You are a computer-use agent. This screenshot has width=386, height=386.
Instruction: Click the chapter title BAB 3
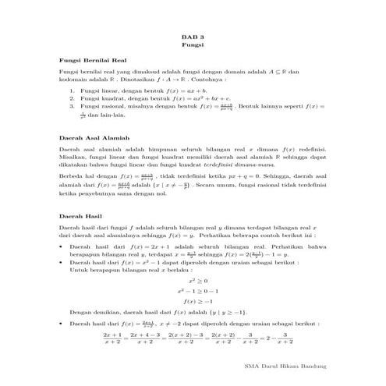coord(193,37)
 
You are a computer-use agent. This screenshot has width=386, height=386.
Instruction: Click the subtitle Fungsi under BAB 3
coord(193,46)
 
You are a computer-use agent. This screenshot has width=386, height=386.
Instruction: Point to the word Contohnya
coord(206,80)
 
